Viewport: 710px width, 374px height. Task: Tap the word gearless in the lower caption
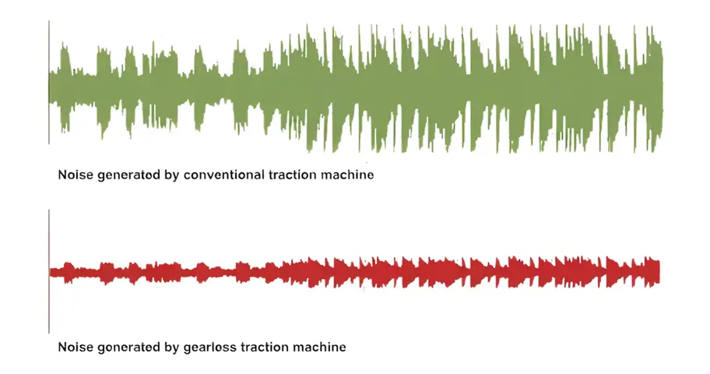(210, 348)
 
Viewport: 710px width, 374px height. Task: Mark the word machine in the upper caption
(347, 175)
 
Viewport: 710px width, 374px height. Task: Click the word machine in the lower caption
(320, 348)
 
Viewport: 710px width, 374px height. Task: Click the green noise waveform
(356, 87)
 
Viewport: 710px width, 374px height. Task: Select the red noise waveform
(356, 273)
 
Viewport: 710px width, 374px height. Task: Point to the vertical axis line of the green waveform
(49, 82)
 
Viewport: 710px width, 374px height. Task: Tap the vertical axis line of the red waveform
(49, 271)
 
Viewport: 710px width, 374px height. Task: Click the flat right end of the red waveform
(659, 273)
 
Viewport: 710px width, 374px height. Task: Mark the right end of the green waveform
(663, 88)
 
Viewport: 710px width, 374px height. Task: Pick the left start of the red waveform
(51, 273)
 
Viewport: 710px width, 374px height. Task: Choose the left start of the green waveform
(51, 87)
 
